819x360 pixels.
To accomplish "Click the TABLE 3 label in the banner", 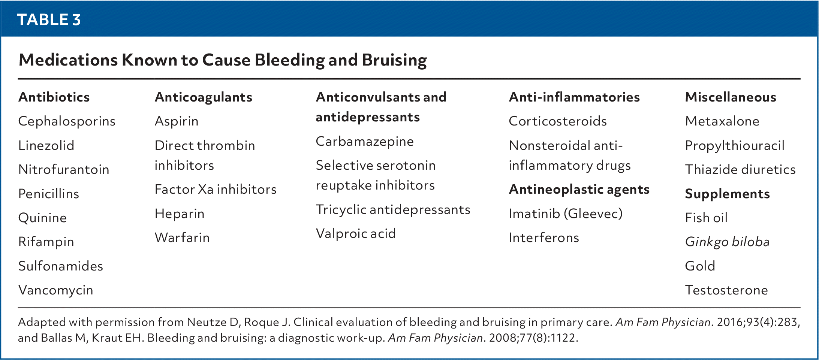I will [49, 19].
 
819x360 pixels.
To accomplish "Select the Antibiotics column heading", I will [54, 97].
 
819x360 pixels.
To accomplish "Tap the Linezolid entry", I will [46, 145].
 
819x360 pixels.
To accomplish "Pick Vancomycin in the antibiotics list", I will [55, 290].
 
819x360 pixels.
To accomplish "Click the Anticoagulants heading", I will [204, 97].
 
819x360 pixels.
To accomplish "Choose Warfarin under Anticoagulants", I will [182, 238].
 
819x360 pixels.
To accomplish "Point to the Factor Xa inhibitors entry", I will [216, 189].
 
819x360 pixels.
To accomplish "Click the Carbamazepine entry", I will [365, 141].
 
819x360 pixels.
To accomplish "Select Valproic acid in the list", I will [356, 233].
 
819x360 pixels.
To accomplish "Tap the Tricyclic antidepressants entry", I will [393, 209].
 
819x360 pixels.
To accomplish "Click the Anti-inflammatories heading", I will [574, 97].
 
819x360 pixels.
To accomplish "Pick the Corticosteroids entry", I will [558, 121].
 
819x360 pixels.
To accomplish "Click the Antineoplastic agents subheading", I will [579, 189].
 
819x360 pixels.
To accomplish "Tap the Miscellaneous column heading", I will [731, 97].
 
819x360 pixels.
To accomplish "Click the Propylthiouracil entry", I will [735, 145].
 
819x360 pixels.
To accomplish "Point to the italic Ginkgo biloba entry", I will [727, 242].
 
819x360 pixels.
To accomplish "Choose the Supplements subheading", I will [727, 194].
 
